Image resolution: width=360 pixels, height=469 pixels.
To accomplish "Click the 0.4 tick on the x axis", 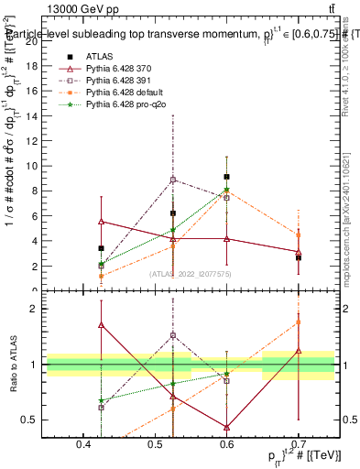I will [84, 444].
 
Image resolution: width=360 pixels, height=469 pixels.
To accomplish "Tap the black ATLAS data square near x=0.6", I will [226, 177].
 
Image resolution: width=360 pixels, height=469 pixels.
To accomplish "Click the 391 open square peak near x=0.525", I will [172, 180].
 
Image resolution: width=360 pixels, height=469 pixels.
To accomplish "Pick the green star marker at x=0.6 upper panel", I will [226, 191].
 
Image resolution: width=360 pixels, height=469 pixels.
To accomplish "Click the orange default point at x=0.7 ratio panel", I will [299, 322].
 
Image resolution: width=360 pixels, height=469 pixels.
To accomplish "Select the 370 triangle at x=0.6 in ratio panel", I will [226, 427].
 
